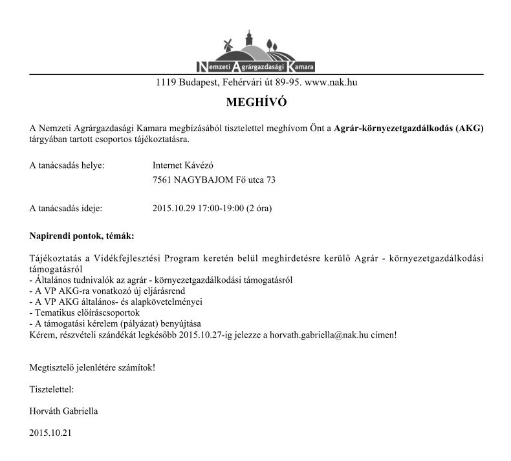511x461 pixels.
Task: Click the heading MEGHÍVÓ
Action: click(x=255, y=103)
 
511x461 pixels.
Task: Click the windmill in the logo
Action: click(x=226, y=46)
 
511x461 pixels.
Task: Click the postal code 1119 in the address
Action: click(x=167, y=83)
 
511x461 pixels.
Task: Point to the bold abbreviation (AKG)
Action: click(x=470, y=128)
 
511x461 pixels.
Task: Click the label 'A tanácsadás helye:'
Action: click(x=67, y=165)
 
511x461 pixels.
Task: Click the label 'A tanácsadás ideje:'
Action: click(x=66, y=209)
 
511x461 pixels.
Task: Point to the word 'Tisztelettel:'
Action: click(x=52, y=389)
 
